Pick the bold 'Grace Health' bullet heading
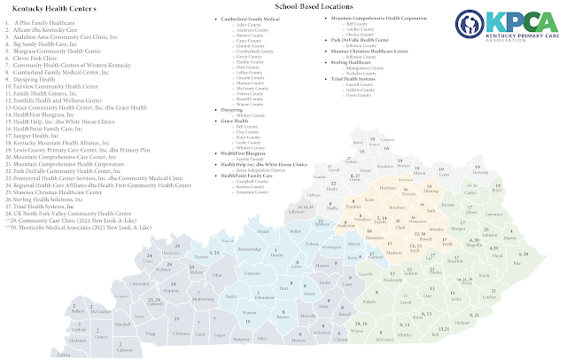coord(233,121)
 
